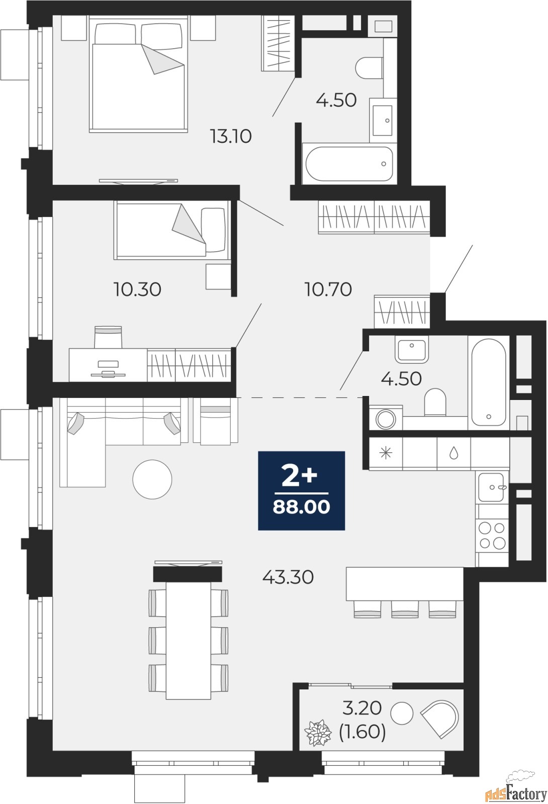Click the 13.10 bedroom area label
click(x=231, y=136)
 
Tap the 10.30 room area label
click(x=137, y=289)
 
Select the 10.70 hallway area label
click(x=328, y=289)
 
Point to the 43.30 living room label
click(x=289, y=577)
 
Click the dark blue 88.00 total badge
click(x=302, y=490)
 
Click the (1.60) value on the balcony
click(x=362, y=732)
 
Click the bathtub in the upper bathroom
click(x=349, y=164)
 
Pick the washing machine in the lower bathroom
click(x=386, y=418)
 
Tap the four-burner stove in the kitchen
click(x=492, y=536)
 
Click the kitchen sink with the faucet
click(x=492, y=487)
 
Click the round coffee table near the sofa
click(x=152, y=479)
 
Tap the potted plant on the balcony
click(x=318, y=733)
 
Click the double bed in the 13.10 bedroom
click(x=139, y=75)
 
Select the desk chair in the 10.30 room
click(x=108, y=337)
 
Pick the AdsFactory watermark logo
click(x=516, y=792)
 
